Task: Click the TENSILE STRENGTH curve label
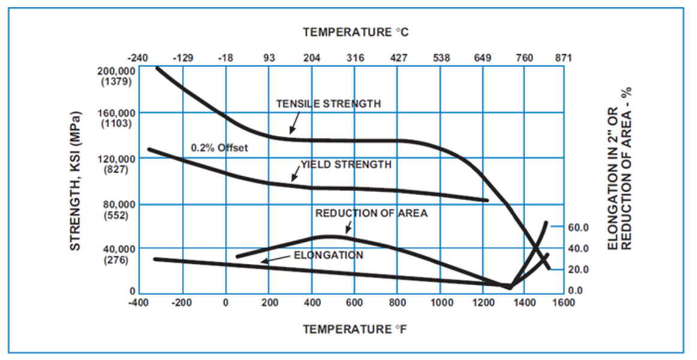(x=328, y=104)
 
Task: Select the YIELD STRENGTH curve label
(x=346, y=164)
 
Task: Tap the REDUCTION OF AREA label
(x=371, y=213)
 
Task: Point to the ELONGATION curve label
(x=329, y=255)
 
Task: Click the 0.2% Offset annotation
(x=219, y=148)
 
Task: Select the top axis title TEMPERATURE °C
(x=356, y=31)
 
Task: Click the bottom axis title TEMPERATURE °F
(x=356, y=329)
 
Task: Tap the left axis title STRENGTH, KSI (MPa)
(x=76, y=180)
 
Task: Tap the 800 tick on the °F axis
(x=396, y=302)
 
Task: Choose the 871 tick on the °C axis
(x=563, y=58)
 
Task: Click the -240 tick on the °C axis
(x=138, y=58)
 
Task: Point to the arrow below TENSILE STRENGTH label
(x=292, y=125)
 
